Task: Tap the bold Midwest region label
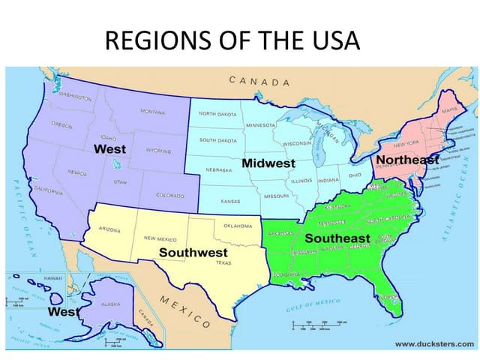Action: pyautogui.click(x=268, y=163)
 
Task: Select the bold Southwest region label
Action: pyautogui.click(x=193, y=253)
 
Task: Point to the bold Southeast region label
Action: pyautogui.click(x=337, y=238)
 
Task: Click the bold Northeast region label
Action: pyautogui.click(x=406, y=160)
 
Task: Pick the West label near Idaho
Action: pyautogui.click(x=109, y=148)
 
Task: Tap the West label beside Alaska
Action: pyautogui.click(x=64, y=311)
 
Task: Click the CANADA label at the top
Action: pyautogui.click(x=259, y=81)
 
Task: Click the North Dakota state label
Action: pyautogui.click(x=217, y=114)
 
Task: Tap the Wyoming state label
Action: pyautogui.click(x=158, y=150)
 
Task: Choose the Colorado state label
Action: pyautogui.click(x=170, y=195)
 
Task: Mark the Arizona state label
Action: pyautogui.click(x=109, y=229)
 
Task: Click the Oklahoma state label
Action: pyautogui.click(x=238, y=225)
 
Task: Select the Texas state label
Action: pyautogui.click(x=223, y=263)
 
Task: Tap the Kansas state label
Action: pyautogui.click(x=230, y=201)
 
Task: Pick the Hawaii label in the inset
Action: pyautogui.click(x=52, y=277)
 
